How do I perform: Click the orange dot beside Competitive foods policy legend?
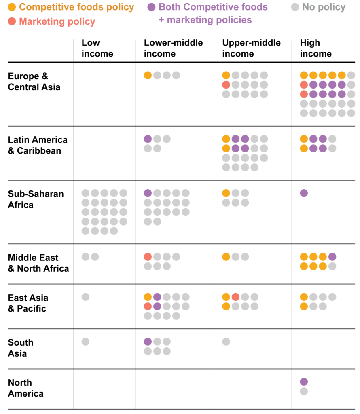point(12,7)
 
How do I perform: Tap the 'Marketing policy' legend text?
point(57,22)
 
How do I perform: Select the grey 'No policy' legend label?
point(324,7)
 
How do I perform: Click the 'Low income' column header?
point(97,48)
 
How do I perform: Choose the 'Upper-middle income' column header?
point(251,48)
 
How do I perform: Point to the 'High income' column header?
point(316,48)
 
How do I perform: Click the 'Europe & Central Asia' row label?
point(34,81)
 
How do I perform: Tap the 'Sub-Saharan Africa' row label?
point(36,199)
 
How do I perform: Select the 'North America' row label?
point(25,388)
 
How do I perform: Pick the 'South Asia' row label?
point(21,348)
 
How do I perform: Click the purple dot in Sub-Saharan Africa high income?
point(304,193)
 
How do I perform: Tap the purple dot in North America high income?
point(304,382)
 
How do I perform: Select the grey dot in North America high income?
point(304,391)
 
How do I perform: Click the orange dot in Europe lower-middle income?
point(148,75)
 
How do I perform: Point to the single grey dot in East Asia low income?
point(85,297)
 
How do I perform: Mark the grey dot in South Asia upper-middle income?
point(226,342)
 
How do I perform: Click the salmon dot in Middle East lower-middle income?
point(148,257)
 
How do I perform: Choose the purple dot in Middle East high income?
point(332,257)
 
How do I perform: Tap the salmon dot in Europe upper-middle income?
point(226,85)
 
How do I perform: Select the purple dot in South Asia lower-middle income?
point(148,342)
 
